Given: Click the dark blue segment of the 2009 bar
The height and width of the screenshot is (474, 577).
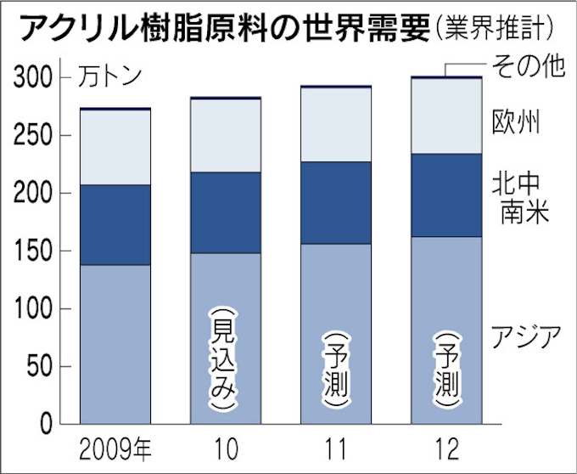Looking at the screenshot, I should click(115, 225).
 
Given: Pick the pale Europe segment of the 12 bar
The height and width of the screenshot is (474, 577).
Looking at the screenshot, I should click(446, 116).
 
